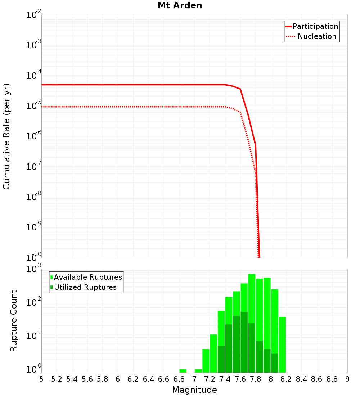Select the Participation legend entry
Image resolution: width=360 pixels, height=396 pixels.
point(315,26)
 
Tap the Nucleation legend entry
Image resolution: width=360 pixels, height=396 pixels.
point(316,36)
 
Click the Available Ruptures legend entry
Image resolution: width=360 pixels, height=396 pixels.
point(87,277)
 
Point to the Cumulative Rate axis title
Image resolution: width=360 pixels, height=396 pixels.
point(6,136)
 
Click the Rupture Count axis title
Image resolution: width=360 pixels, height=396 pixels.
point(14,320)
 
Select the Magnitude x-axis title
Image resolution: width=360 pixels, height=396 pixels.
point(194,390)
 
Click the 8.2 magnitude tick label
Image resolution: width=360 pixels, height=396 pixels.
point(286,379)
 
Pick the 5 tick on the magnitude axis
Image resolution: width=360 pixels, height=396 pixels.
point(41,379)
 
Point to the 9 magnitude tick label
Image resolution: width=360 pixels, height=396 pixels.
point(347,379)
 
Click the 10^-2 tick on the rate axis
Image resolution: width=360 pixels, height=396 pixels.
point(34,15)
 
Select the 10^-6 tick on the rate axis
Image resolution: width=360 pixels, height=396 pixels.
point(34,136)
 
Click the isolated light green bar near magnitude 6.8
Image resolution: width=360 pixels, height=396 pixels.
point(183,371)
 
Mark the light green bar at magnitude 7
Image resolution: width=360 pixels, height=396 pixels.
point(198,371)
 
